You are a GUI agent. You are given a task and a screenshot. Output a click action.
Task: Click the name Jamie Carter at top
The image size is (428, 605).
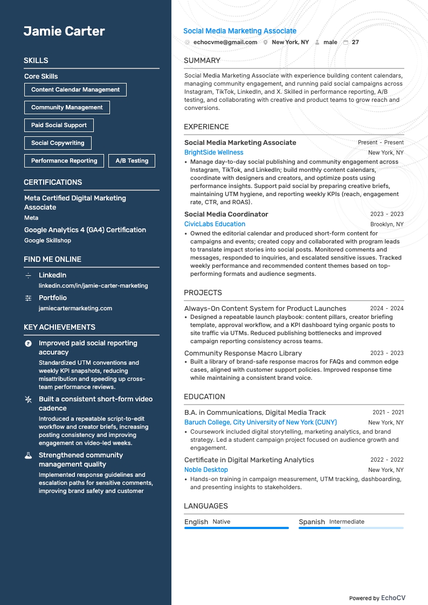coord(64,31)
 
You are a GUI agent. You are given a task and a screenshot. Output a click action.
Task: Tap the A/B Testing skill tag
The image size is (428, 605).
coord(132,161)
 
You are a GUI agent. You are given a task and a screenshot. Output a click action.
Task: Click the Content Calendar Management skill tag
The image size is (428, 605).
coord(75,89)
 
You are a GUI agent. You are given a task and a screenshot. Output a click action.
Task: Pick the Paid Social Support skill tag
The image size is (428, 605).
coord(59,125)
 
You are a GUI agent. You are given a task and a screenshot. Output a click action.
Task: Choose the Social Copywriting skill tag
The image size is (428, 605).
coord(58,143)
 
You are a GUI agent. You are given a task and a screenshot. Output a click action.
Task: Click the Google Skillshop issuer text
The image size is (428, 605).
coord(47,240)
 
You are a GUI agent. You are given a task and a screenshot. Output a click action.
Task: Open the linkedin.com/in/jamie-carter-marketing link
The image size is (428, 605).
coord(93,286)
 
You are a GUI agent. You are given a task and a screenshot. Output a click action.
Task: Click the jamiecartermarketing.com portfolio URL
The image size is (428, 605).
coord(75,308)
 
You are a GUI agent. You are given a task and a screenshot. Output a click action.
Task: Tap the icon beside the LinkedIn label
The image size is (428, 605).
coord(29,275)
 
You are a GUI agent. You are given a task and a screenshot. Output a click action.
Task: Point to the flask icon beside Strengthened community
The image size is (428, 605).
coord(29,455)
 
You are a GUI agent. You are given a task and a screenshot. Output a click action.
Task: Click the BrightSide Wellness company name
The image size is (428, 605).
coord(213,152)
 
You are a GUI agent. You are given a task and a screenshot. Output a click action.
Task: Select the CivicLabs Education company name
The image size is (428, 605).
coord(215,224)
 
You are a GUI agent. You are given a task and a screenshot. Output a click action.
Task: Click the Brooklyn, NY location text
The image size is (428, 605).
coord(386,224)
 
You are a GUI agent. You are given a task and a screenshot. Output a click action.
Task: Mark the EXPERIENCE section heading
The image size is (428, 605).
coord(206,127)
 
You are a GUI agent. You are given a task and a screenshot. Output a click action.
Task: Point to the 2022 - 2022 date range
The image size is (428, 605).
coord(386,460)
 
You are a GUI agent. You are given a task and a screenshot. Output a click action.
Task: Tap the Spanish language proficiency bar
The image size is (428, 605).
coord(350,528)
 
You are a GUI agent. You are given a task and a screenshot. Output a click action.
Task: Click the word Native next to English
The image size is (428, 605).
coord(221,521)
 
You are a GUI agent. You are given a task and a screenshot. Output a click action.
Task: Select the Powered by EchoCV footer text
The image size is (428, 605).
coord(377,598)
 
